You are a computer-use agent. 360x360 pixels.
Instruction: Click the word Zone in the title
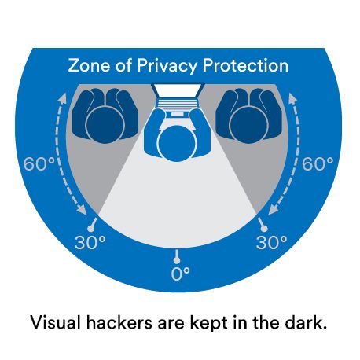89,65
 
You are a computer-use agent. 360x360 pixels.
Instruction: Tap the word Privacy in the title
167,66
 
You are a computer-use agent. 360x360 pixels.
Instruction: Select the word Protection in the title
245,65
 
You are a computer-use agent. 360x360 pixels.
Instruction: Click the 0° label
180,274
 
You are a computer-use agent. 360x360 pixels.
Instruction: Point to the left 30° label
90,242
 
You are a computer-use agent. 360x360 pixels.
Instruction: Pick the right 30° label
271,242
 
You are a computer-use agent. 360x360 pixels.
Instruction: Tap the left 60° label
39,164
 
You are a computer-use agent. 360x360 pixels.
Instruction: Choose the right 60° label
318,164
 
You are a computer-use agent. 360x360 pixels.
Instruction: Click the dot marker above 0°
177,261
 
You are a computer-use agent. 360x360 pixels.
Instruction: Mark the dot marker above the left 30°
90,229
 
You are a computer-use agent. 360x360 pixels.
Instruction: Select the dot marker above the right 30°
264,229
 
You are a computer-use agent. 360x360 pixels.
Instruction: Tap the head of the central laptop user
177,143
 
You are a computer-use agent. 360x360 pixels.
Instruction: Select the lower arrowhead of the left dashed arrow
82,210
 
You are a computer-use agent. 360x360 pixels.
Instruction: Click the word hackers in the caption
119,322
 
